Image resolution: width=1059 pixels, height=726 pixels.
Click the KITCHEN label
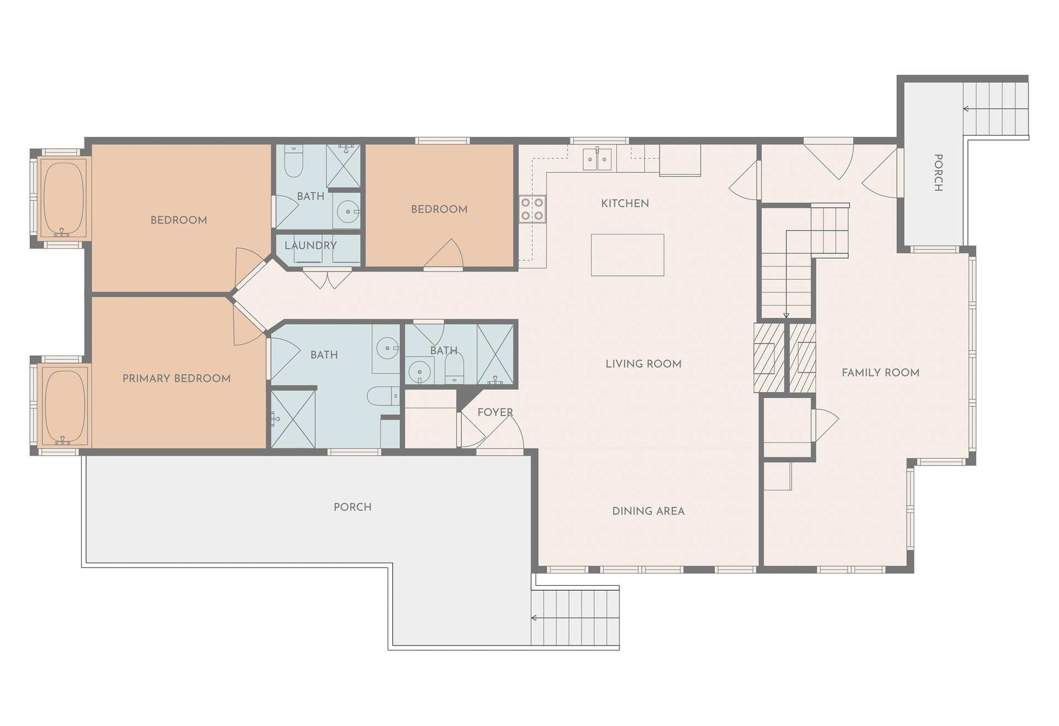tap(625, 204)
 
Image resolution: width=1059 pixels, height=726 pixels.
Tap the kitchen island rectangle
tap(627, 255)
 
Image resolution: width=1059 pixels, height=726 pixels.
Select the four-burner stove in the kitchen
tap(532, 209)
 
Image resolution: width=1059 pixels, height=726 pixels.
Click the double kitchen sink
tap(597, 158)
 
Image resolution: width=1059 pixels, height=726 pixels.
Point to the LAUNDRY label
tap(311, 245)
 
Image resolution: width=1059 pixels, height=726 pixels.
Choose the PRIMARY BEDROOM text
tap(176, 378)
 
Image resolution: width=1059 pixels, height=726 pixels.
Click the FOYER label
tap(495, 413)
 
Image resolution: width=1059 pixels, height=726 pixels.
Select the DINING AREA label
tap(649, 511)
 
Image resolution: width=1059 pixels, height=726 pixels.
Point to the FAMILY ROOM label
tap(881, 373)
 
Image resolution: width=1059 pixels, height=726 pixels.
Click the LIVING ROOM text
tap(644, 364)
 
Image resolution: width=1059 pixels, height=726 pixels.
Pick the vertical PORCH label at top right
tap(938, 173)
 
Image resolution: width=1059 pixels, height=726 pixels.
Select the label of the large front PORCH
tap(352, 507)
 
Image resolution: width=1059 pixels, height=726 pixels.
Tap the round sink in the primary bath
tap(388, 348)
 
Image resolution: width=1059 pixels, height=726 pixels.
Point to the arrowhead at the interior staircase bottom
tap(786, 316)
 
